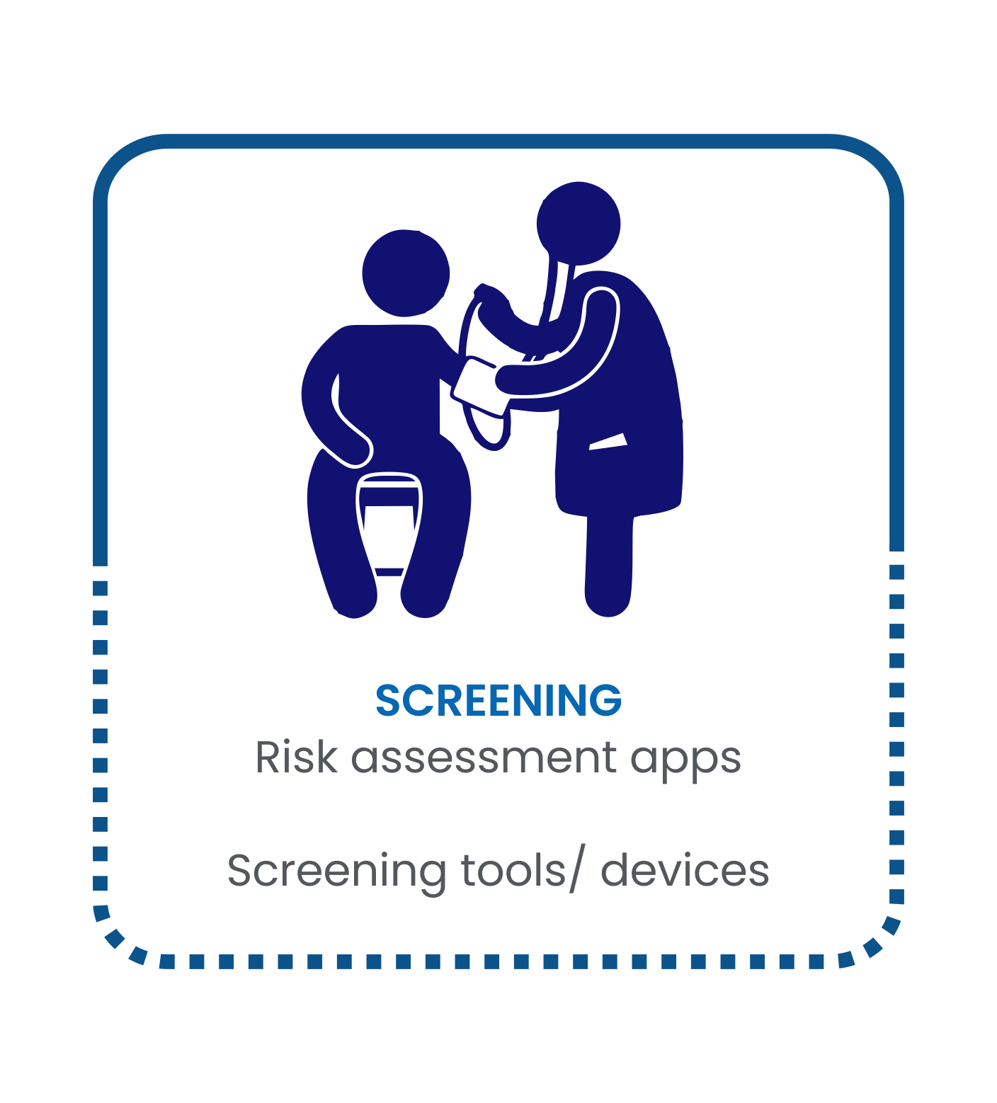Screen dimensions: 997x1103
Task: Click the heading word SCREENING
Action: (498, 700)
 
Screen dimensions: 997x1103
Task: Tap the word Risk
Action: (297, 757)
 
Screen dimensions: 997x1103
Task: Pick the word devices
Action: (685, 870)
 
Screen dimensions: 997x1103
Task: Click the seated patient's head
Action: (406, 273)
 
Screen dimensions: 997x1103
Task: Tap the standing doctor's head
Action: (579, 223)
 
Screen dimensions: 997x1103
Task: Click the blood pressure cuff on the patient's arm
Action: (479, 387)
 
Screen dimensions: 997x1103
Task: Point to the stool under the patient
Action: (389, 524)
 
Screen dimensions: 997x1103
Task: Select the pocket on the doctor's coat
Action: (608, 441)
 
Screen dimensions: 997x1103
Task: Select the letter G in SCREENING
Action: (606, 700)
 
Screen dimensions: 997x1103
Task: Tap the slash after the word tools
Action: (577, 871)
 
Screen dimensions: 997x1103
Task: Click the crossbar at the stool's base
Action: (389, 571)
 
